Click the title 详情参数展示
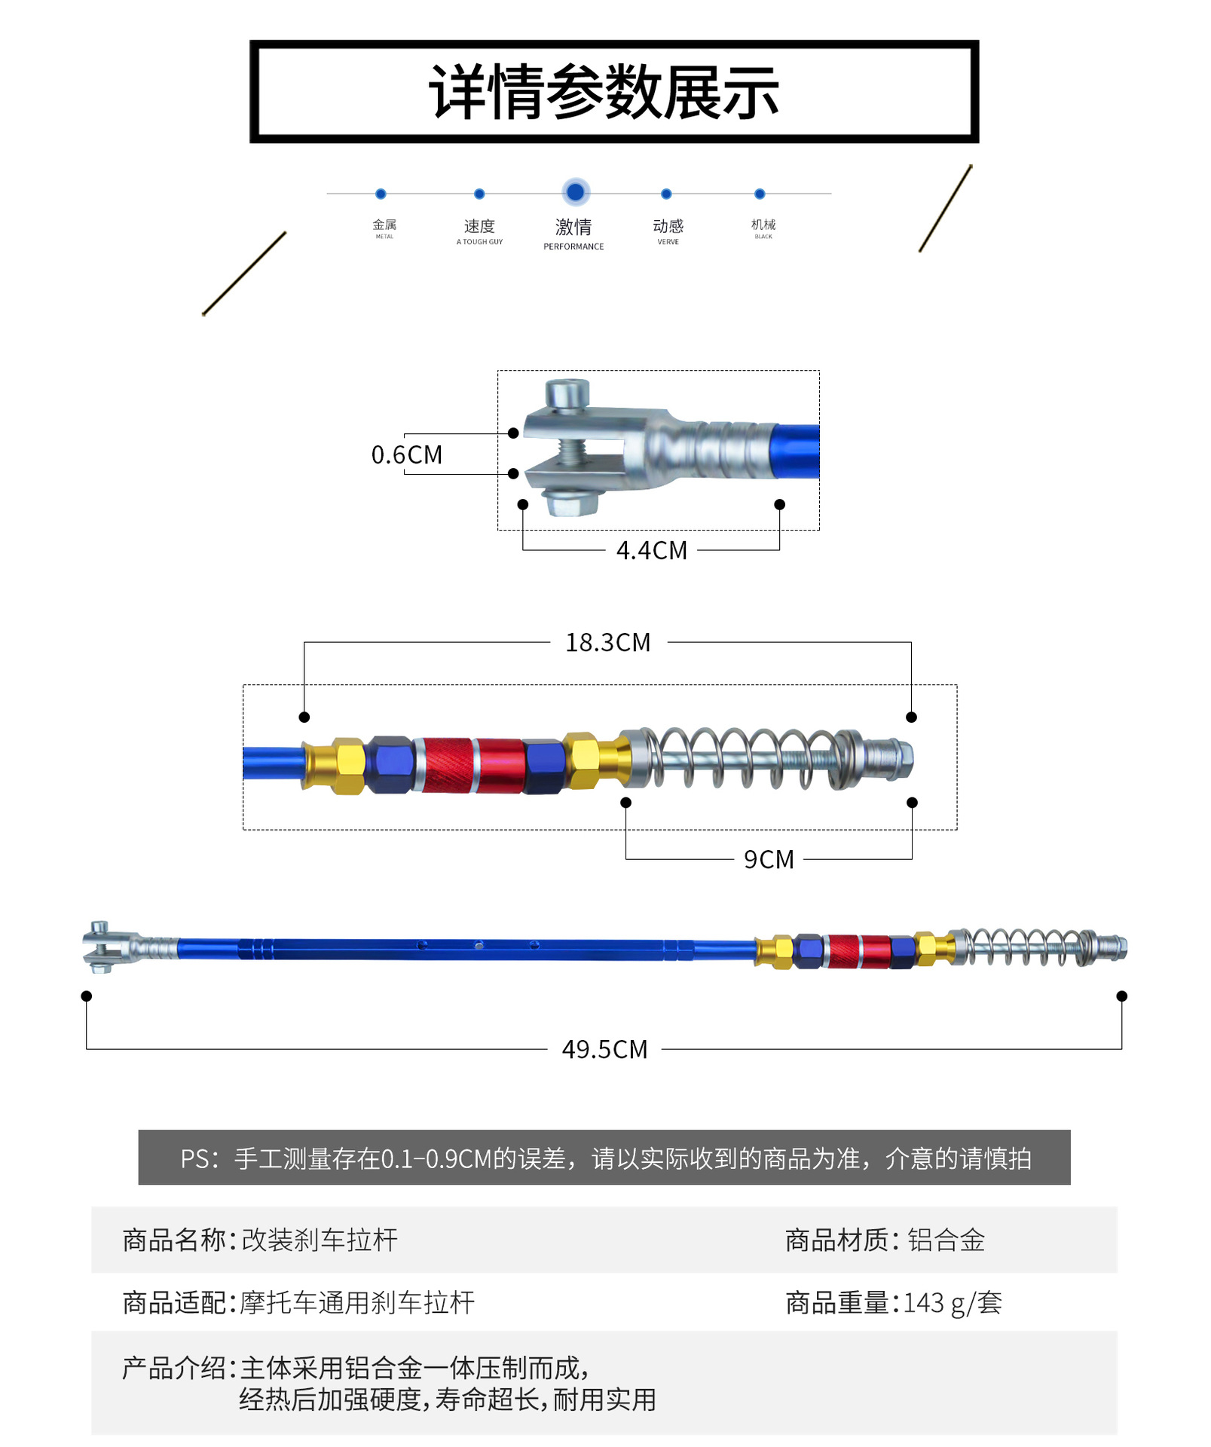click(x=604, y=92)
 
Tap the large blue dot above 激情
click(x=575, y=192)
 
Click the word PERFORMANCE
click(x=573, y=246)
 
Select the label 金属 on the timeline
click(x=384, y=225)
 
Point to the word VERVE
click(x=668, y=242)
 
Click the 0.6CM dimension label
click(x=407, y=454)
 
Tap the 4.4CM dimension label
click(x=652, y=551)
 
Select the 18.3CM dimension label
click(x=608, y=643)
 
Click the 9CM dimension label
click(x=769, y=860)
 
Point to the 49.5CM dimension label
click(x=604, y=1050)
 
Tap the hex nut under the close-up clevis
click(x=570, y=503)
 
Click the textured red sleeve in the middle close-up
click(x=448, y=764)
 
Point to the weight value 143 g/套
click(x=953, y=1303)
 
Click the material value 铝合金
click(x=946, y=1240)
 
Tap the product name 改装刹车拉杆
click(x=320, y=1240)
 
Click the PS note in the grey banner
click(x=604, y=1158)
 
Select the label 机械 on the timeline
click(x=763, y=225)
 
